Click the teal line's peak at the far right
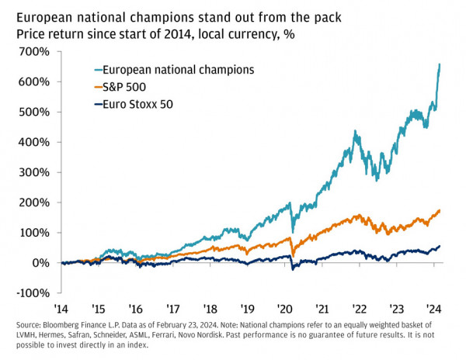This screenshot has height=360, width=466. click(440, 64)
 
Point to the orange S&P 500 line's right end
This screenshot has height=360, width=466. click(440, 210)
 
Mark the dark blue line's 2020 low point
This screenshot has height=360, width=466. click(293, 270)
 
